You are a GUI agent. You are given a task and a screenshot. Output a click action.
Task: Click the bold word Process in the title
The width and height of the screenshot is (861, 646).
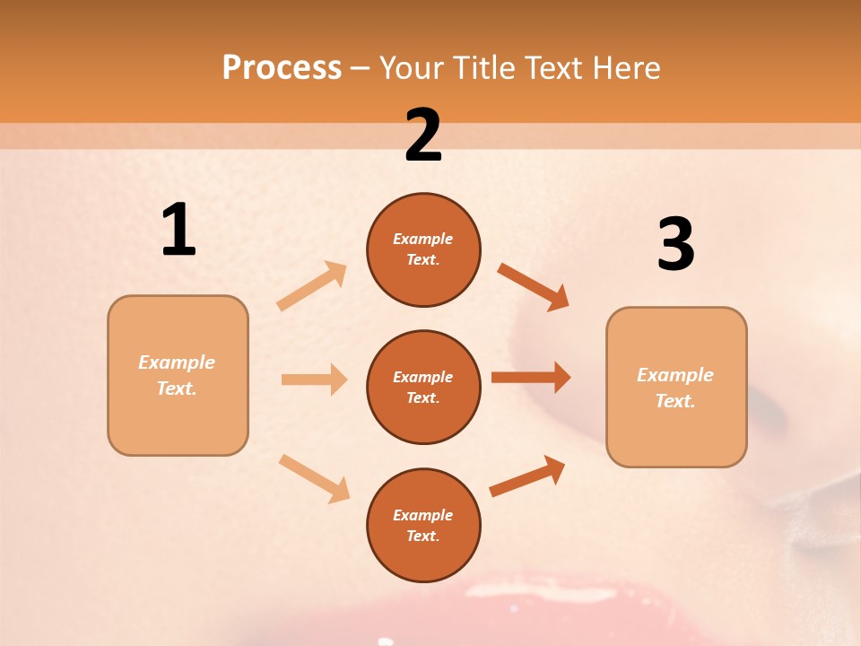point(282,68)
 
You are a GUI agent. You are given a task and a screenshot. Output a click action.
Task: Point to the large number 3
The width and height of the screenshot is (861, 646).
point(675,244)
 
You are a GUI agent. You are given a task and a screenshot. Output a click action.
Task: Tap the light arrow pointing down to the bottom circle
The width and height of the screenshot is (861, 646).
point(314,478)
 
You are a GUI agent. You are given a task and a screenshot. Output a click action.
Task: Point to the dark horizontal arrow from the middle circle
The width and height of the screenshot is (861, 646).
point(531,378)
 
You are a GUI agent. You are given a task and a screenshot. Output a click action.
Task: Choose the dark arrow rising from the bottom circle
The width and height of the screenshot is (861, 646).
point(527,476)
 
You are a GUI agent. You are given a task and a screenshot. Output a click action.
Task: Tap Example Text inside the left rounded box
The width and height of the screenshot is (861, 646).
point(177,375)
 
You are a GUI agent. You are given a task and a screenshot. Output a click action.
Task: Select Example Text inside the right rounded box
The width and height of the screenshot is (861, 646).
point(675,388)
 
